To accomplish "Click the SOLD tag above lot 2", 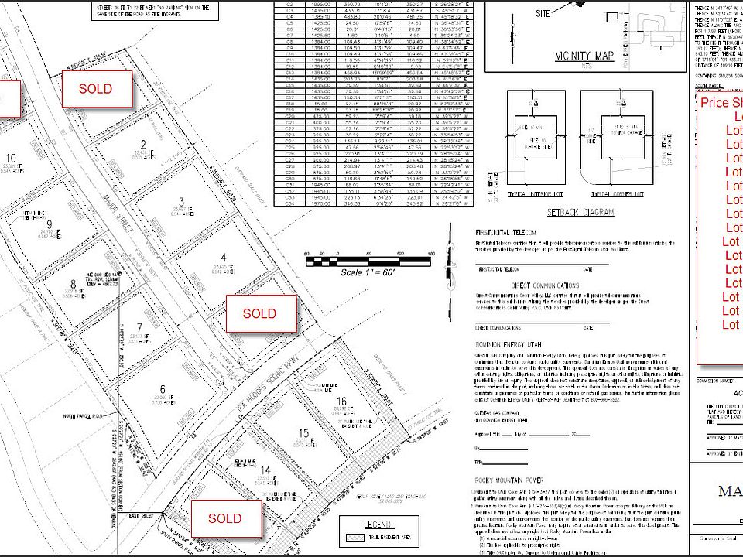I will pos(95,89).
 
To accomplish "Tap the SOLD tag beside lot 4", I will pos(259,313).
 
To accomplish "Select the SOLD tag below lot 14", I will pos(224,518).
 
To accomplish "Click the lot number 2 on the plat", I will pos(143,144).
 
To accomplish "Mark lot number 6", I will pos(163,389).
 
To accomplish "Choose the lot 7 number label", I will pos(139,327).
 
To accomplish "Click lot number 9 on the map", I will pos(49,225).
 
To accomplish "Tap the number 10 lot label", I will pos(11,158).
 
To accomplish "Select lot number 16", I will pos(341,402).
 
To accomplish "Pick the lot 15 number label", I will pos(303,433).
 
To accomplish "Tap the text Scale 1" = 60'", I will pos(368,273).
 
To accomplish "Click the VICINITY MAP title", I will pos(584,56).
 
